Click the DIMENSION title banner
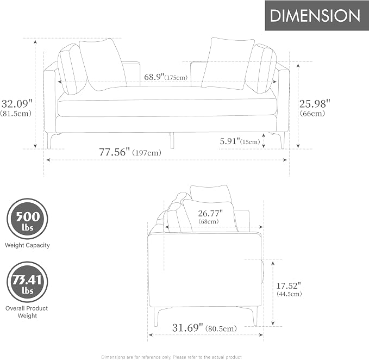(x=317, y=16)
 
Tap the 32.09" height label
(x=17, y=104)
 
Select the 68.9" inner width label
(x=154, y=77)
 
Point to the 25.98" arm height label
(x=315, y=104)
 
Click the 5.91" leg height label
(x=230, y=141)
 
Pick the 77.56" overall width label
(x=114, y=152)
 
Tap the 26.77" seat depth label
(x=210, y=213)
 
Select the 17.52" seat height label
(x=289, y=286)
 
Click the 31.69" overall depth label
(x=187, y=327)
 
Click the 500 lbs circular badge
(x=27, y=219)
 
